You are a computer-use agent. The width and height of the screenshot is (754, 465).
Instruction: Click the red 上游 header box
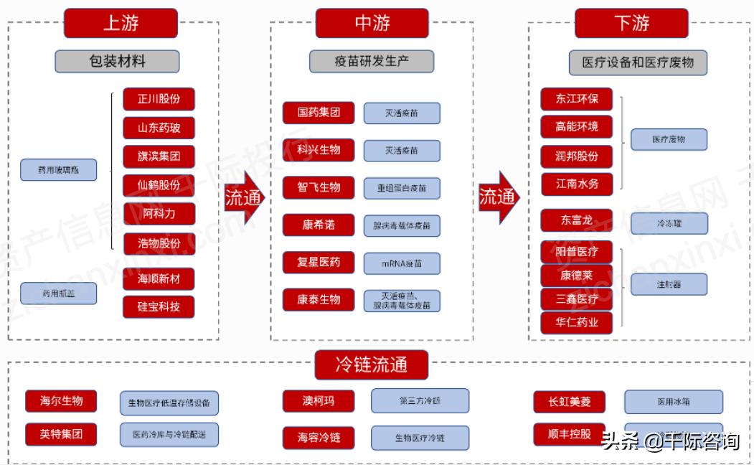[121, 23]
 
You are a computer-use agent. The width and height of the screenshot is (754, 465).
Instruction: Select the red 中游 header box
[372, 23]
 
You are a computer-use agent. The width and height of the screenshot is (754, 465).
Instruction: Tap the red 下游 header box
[631, 23]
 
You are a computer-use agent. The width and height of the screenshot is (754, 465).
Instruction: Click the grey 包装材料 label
[117, 61]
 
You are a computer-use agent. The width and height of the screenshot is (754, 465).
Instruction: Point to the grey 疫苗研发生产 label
[372, 61]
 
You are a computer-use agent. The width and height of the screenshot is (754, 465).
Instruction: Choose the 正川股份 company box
[159, 99]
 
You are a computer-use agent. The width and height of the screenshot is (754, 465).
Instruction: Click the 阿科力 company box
[159, 213]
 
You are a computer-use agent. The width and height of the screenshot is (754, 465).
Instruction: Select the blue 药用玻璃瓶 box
[57, 171]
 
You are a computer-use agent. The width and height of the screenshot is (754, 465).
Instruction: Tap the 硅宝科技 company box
[159, 306]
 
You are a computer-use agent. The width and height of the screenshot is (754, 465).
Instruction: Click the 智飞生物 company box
[319, 187]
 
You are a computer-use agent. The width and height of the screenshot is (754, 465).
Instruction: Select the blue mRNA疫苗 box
[402, 263]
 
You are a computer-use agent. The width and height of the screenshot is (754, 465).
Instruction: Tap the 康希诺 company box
[319, 225]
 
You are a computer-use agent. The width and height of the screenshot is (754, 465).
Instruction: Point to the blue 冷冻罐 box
[669, 223]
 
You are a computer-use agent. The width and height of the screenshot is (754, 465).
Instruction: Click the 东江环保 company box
[576, 99]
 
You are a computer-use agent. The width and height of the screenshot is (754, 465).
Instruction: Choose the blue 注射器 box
[669, 284]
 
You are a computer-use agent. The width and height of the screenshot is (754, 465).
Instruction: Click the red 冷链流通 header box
[371, 365]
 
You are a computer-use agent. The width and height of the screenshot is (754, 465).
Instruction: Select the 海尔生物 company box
[61, 401]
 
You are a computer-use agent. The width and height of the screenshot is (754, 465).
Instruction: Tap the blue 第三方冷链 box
[420, 401]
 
